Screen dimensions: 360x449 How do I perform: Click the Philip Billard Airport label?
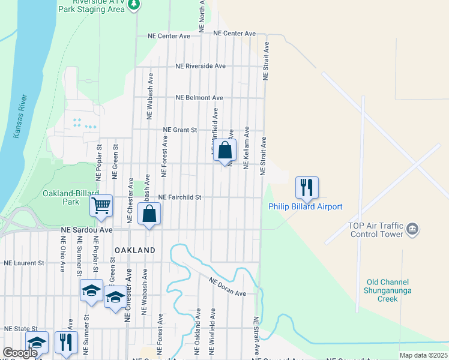305,207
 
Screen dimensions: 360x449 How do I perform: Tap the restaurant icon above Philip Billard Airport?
306,187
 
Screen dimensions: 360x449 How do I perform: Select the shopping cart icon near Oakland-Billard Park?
101,206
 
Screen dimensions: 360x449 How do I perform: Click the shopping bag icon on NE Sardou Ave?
149,214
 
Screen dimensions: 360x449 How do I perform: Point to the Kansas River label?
19,117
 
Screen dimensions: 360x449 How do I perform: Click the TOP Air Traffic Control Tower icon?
412,228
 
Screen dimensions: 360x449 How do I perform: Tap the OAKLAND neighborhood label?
134,250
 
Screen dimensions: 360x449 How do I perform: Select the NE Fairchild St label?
179,197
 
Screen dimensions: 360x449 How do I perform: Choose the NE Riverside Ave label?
200,66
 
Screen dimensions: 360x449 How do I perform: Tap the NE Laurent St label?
24,263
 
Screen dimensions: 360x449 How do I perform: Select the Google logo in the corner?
20,353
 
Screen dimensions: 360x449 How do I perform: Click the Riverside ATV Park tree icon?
135,5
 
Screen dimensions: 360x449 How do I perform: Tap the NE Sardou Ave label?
87,230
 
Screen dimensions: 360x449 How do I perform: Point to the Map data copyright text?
423,355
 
